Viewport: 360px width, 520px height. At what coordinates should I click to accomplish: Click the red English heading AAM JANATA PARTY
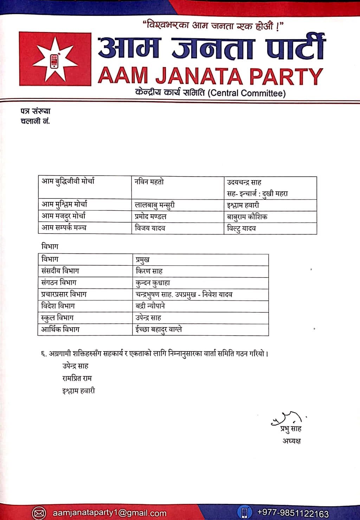pyautogui.click(x=210, y=76)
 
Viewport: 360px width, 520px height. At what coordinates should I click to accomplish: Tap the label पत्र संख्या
pyautogui.click(x=36, y=111)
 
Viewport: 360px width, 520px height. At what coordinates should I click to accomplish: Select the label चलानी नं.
pyautogui.click(x=36, y=121)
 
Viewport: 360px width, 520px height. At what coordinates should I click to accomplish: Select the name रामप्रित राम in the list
pyautogui.click(x=77, y=378)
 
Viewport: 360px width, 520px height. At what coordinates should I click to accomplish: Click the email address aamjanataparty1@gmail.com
pyautogui.click(x=109, y=513)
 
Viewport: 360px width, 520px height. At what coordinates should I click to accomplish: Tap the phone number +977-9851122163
pyautogui.click(x=293, y=513)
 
